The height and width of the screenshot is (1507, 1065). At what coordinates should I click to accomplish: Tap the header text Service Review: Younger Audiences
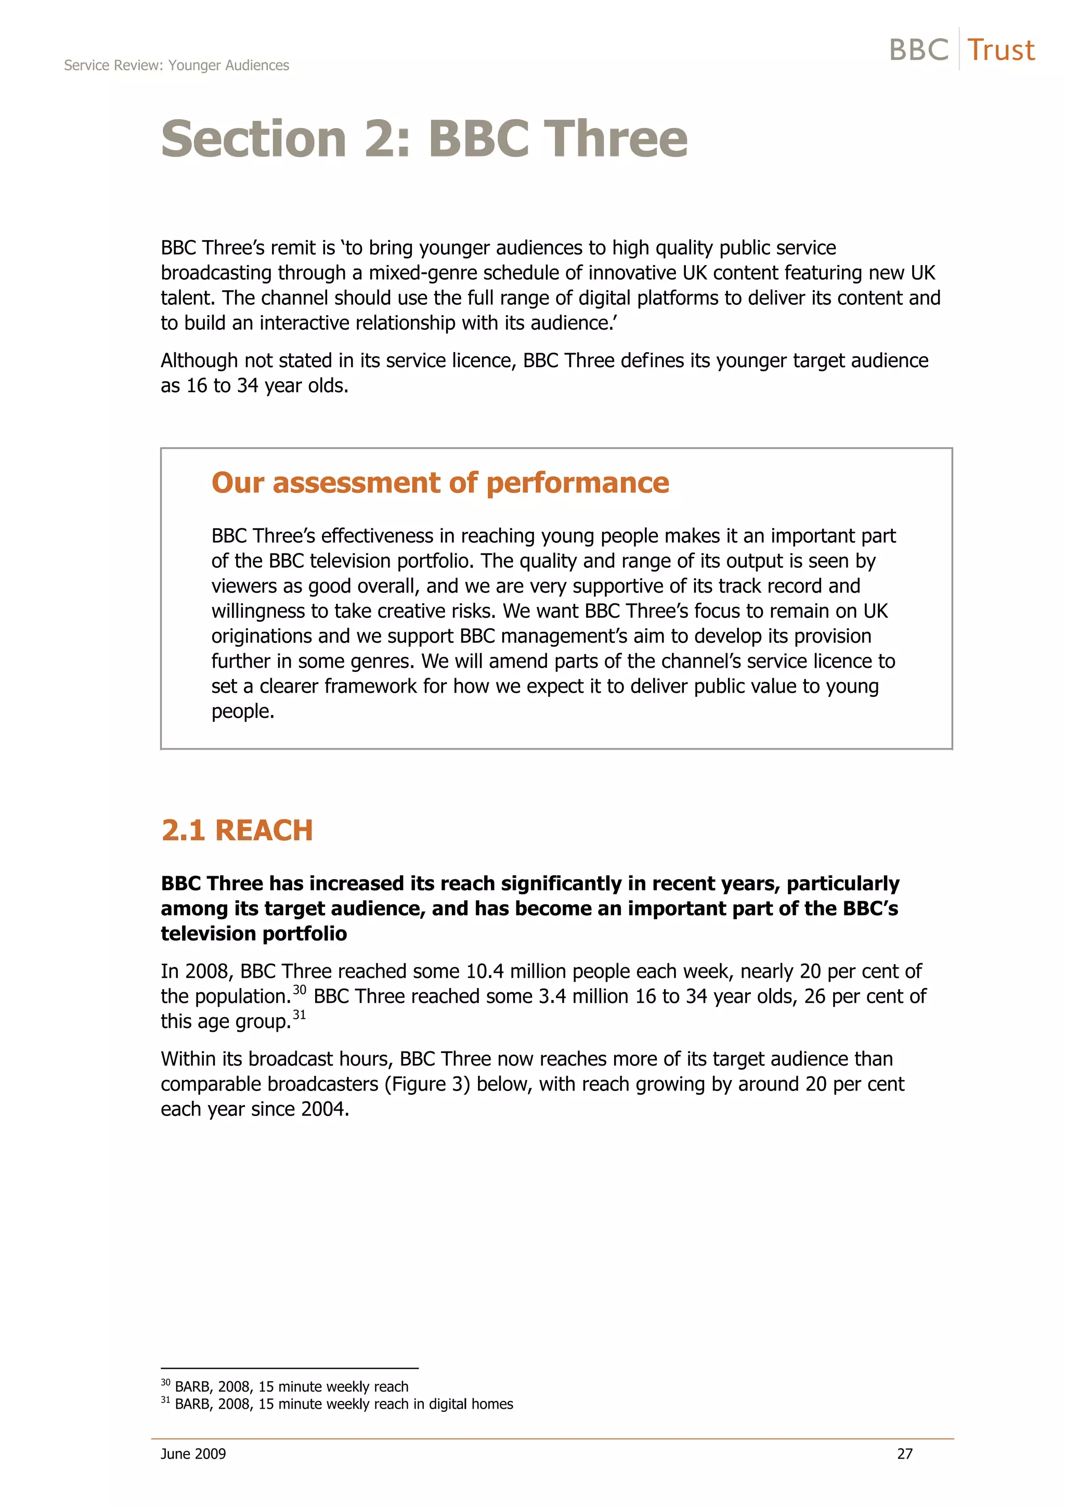pyautogui.click(x=176, y=66)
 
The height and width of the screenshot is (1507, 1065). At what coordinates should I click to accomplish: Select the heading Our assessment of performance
pyautogui.click(x=439, y=483)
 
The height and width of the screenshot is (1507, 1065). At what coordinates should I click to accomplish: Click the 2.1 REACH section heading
pyautogui.click(x=237, y=830)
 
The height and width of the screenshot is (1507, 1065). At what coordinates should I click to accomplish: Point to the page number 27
pyautogui.click(x=904, y=1454)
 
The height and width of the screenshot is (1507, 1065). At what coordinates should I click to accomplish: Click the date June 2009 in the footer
pyautogui.click(x=193, y=1454)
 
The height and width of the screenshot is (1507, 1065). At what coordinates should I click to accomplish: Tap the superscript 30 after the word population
pyautogui.click(x=299, y=990)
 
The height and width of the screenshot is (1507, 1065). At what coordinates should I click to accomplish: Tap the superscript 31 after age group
pyautogui.click(x=299, y=1015)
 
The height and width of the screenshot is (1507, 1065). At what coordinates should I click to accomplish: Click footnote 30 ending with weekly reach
pyautogui.click(x=285, y=1386)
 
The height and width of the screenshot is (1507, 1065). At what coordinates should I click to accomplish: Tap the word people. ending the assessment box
pyautogui.click(x=242, y=711)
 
